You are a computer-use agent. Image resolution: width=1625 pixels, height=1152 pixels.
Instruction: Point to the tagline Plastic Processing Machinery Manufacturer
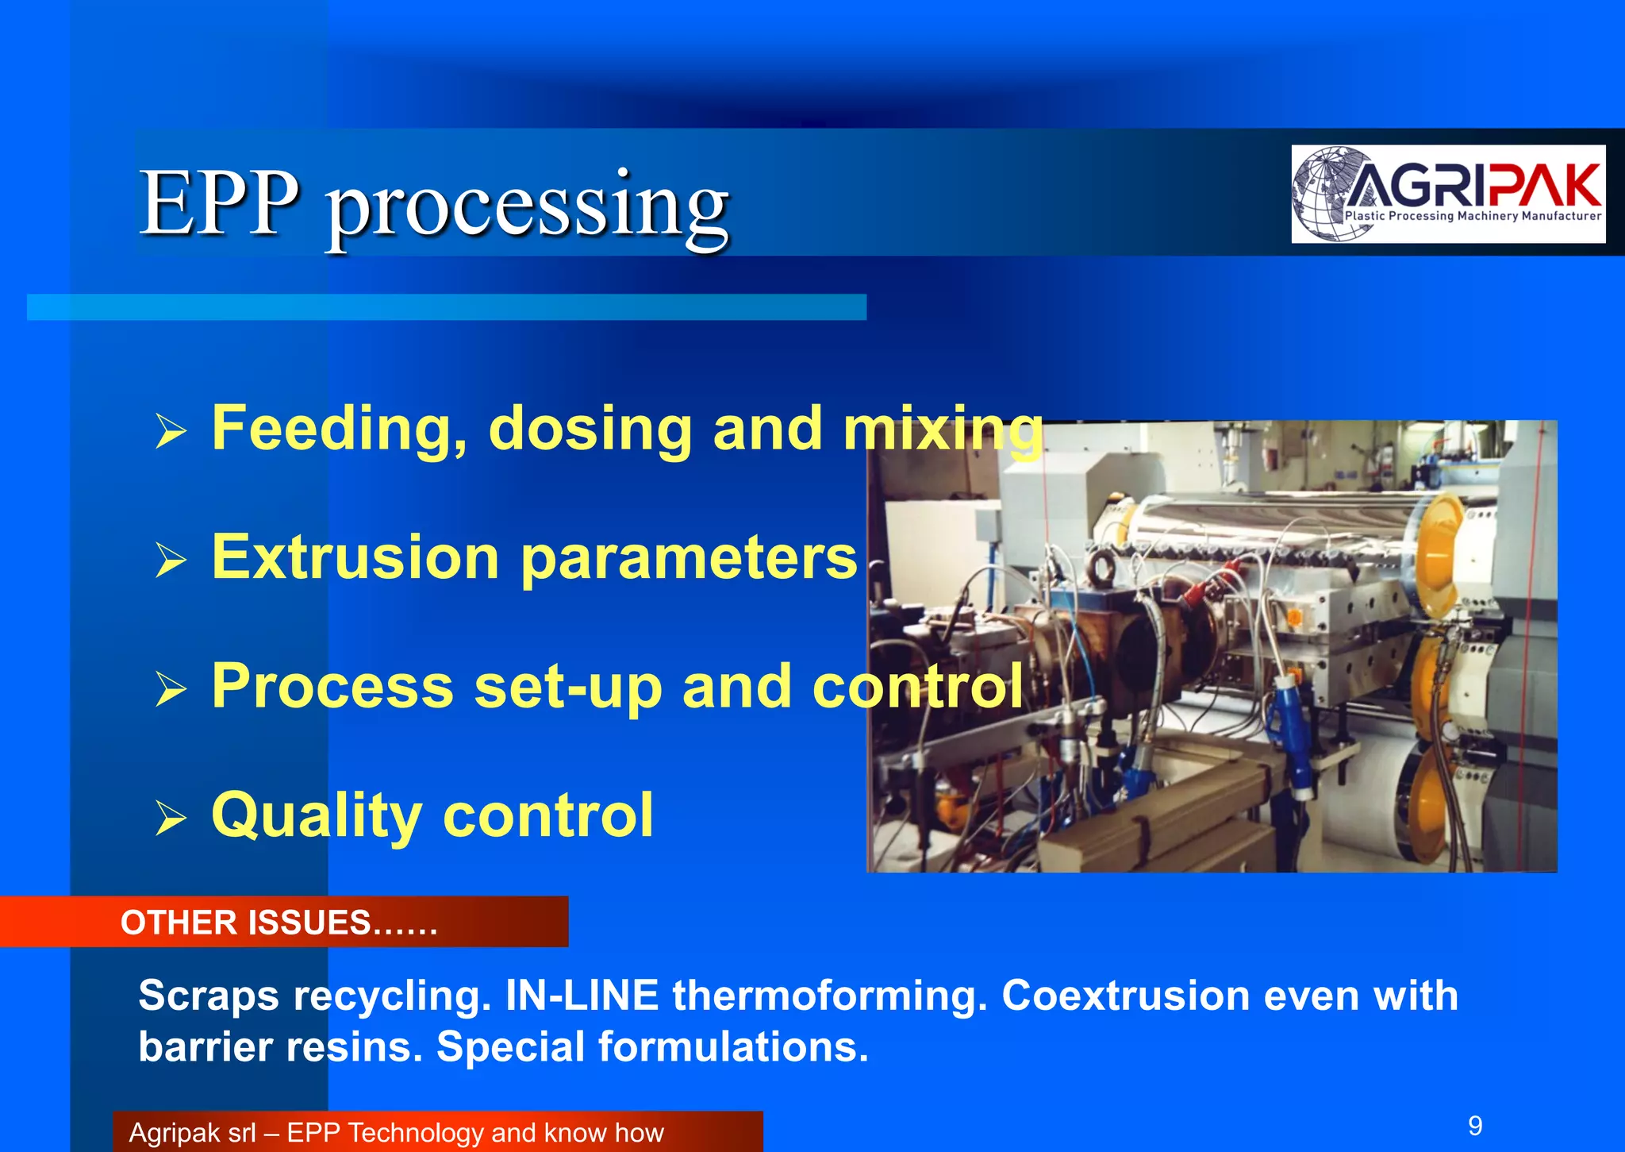point(1473,216)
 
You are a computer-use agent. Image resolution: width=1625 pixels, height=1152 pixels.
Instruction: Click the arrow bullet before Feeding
point(171,431)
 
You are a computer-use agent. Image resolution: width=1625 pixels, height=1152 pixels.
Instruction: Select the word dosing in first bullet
point(590,429)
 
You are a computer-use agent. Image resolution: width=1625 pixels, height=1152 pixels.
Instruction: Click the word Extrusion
point(355,557)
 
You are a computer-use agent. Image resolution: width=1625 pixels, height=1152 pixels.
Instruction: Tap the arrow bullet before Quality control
point(171,818)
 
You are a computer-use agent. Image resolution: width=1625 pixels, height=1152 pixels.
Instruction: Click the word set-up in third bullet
point(567,687)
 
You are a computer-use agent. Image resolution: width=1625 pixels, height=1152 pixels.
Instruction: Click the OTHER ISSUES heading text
point(278,923)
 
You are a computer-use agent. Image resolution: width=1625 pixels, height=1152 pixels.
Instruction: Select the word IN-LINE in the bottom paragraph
point(582,996)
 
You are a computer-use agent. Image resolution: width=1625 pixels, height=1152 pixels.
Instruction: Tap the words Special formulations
point(652,1046)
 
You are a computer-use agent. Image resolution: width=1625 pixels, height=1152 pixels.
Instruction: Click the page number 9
point(1475,1126)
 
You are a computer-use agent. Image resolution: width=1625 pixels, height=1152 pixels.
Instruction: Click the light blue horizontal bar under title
point(446,307)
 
